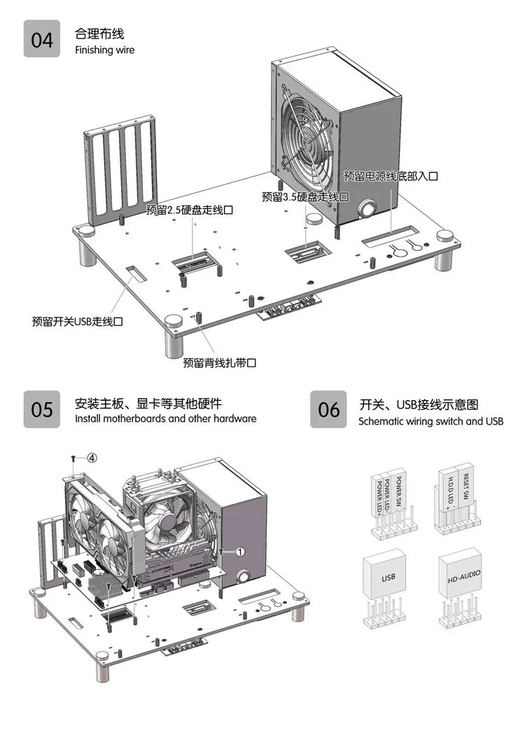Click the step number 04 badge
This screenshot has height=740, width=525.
tap(42, 39)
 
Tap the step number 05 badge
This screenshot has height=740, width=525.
tap(42, 409)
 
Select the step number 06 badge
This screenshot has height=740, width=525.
tap(329, 409)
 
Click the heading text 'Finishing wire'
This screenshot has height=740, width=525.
tap(104, 50)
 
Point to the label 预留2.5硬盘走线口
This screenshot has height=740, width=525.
tap(189, 210)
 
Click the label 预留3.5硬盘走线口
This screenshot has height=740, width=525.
tap(305, 197)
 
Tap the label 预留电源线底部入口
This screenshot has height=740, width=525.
tap(391, 177)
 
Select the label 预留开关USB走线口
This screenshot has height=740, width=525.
tap(78, 322)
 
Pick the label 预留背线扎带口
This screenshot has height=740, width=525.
tap(220, 363)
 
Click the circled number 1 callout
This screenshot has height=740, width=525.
tap(239, 551)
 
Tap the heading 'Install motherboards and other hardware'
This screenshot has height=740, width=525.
tap(165, 419)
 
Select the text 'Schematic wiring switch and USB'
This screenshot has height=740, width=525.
tap(430, 422)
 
